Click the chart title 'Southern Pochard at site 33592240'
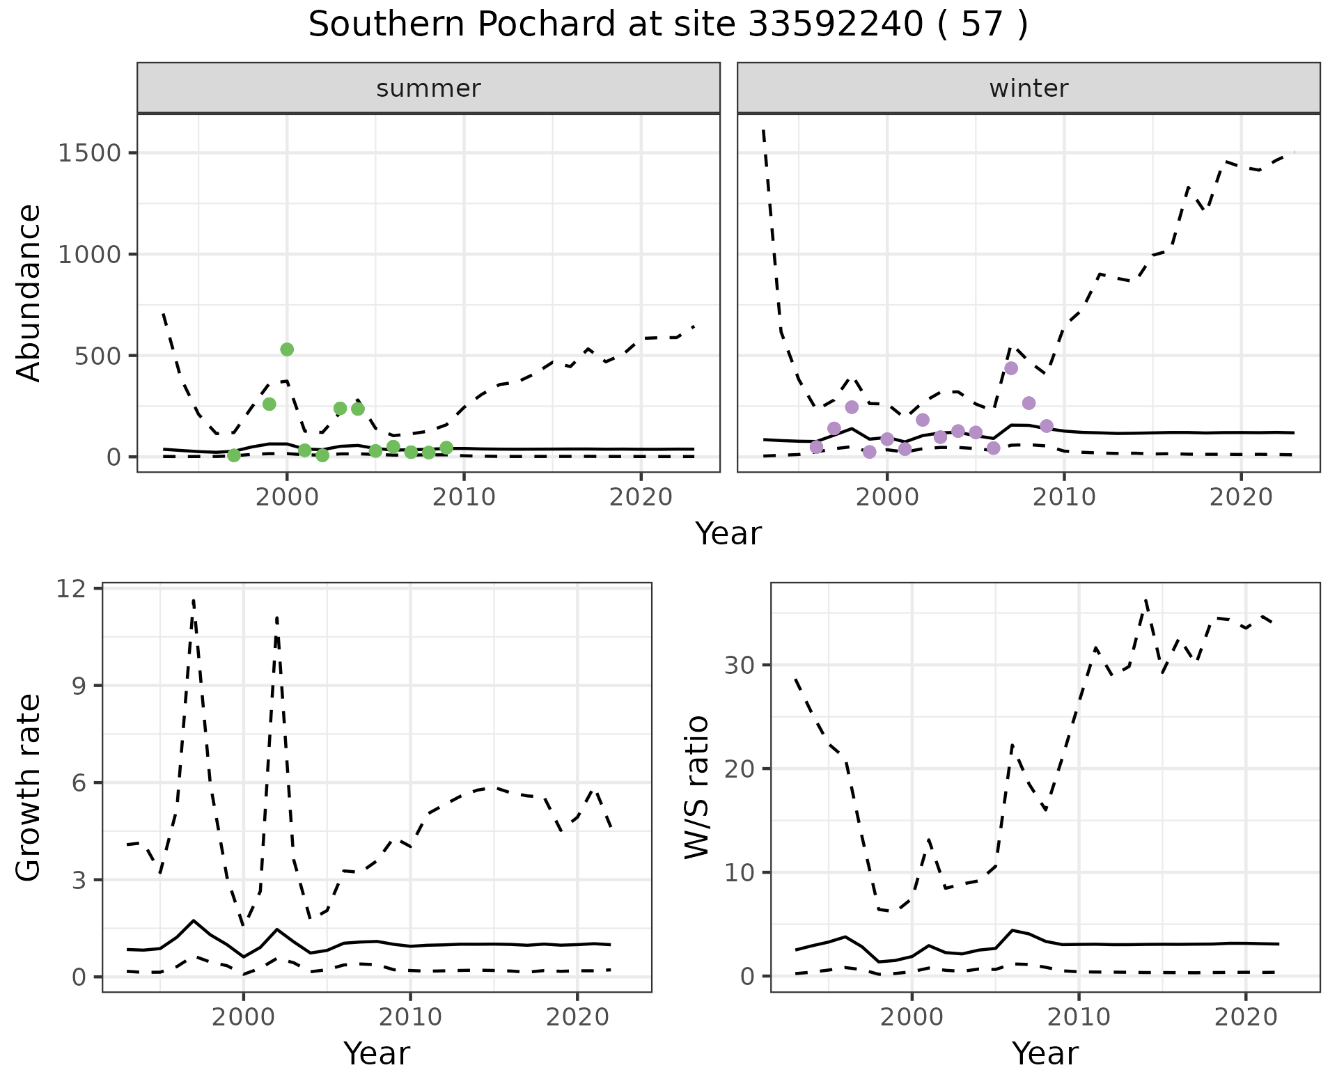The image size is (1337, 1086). (667, 25)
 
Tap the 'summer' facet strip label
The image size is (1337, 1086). (428, 88)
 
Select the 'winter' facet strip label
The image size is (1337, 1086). (1029, 88)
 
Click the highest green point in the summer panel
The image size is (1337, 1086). (287, 349)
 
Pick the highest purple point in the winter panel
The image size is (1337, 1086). (1011, 368)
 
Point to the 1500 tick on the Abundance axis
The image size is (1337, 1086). (90, 153)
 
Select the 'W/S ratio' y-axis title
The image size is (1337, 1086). (697, 787)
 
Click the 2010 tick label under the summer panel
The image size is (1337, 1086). (464, 497)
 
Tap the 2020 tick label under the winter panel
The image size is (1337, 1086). (1240, 497)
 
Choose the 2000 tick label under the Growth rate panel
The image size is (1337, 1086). (243, 1017)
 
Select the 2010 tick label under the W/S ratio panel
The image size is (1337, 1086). (1079, 1017)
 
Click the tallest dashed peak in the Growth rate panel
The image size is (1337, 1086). (193, 600)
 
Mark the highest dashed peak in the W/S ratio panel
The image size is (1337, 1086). (1146, 599)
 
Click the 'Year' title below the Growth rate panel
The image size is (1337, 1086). (377, 1053)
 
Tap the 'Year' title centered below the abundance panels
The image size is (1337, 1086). (728, 534)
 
